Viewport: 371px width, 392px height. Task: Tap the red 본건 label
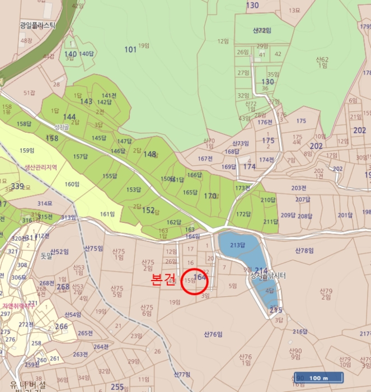click(x=164, y=280)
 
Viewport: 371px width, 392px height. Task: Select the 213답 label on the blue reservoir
click(x=238, y=245)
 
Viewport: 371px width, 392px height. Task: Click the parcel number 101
click(x=130, y=50)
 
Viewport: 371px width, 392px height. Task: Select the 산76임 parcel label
click(x=213, y=334)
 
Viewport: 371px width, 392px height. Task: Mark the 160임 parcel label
click(x=73, y=184)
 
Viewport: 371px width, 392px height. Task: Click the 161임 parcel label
click(x=107, y=214)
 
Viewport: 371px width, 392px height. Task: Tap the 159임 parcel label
click(x=27, y=150)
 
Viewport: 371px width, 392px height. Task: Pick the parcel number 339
click(x=17, y=186)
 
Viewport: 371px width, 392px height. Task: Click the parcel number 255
click(x=117, y=386)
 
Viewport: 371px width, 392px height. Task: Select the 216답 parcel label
click(x=300, y=332)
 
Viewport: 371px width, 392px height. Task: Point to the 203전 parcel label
click(x=299, y=188)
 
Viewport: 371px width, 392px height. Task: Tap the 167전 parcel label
click(x=205, y=158)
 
